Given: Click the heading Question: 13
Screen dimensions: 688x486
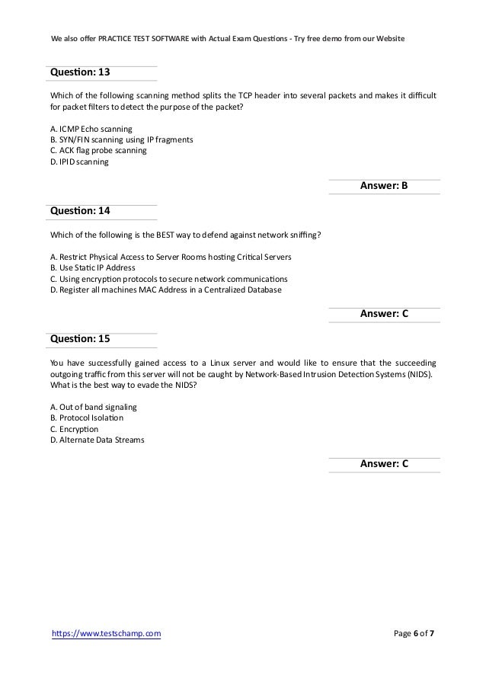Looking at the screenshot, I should pos(80,72).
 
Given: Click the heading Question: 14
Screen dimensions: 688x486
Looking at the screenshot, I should pos(80,210).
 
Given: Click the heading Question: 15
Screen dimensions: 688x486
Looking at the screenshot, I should pos(80,338).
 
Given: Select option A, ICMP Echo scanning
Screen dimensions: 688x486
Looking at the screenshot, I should pos(91,130).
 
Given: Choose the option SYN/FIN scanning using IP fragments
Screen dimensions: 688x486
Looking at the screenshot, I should pos(121,140).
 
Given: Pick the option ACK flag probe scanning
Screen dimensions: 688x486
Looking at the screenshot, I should pos(98,151).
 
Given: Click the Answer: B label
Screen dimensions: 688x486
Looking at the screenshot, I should pos(384,187).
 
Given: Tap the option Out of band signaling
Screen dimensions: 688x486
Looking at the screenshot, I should pos(94,407).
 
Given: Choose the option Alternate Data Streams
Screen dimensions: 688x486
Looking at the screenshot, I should pos(97,439).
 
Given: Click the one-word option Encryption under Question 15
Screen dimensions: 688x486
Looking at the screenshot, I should pos(78,428).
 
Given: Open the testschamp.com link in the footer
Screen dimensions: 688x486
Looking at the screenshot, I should pos(105,632).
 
